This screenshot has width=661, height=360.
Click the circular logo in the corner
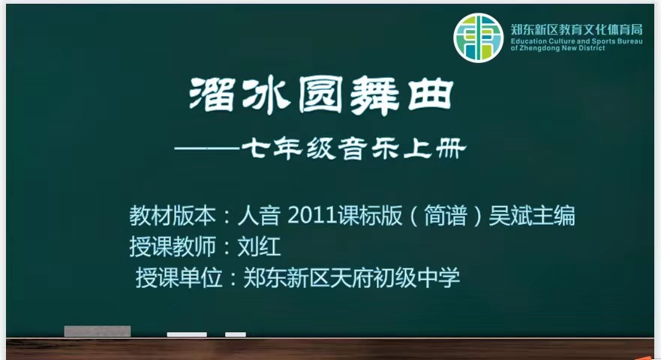point(479,37)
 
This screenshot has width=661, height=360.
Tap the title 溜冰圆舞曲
point(322,96)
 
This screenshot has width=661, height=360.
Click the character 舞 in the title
point(374,97)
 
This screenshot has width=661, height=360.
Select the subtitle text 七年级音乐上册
point(354,148)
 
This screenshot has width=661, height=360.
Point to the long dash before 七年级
point(207,148)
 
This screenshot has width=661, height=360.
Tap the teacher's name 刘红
point(260,246)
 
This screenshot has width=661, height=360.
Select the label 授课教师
point(173,246)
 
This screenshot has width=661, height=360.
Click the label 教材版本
point(173,215)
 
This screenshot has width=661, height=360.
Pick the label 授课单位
point(179,277)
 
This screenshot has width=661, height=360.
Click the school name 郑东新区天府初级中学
point(352,277)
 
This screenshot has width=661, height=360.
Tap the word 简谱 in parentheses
point(446,215)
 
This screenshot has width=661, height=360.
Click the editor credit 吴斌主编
point(532,215)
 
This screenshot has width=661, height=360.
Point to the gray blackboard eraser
point(98,331)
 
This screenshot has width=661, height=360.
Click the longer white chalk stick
point(187,334)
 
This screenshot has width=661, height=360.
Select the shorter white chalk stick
point(236,334)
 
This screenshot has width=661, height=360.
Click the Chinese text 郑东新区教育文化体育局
point(577,29)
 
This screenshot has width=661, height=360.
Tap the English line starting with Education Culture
point(577,41)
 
